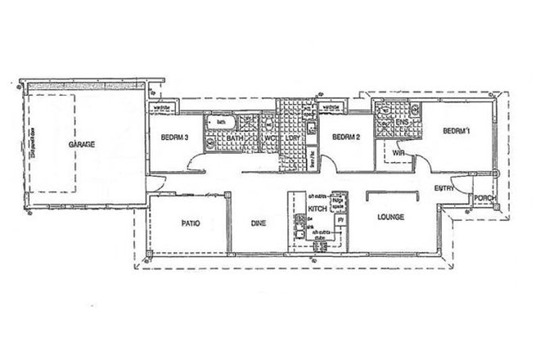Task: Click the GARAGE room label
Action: (x=82, y=144)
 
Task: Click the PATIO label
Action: (x=191, y=222)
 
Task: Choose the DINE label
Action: (x=259, y=222)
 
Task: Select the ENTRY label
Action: (x=444, y=189)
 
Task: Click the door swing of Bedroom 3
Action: (x=190, y=164)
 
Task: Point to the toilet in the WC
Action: (x=268, y=125)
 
